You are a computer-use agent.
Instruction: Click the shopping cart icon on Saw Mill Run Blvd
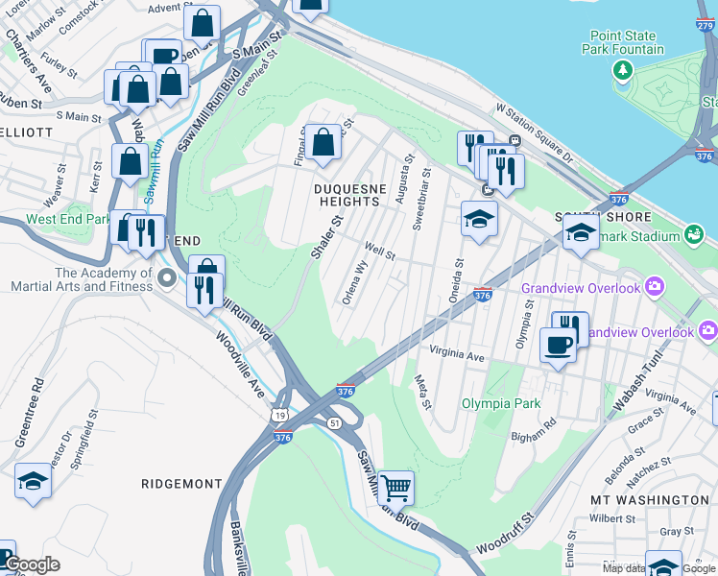395,488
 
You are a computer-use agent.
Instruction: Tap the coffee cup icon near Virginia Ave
558,345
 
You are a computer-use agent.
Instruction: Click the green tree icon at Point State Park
623,70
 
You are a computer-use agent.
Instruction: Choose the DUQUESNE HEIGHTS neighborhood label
347,195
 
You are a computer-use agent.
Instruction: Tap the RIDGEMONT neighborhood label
181,484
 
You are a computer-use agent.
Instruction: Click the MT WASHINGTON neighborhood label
649,500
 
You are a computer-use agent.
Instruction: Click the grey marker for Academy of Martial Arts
167,279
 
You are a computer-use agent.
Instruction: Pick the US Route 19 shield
278,415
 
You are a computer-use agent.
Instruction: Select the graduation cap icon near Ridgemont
33,480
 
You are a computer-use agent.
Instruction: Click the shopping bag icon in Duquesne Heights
323,142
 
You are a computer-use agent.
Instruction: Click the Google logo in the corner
33,565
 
